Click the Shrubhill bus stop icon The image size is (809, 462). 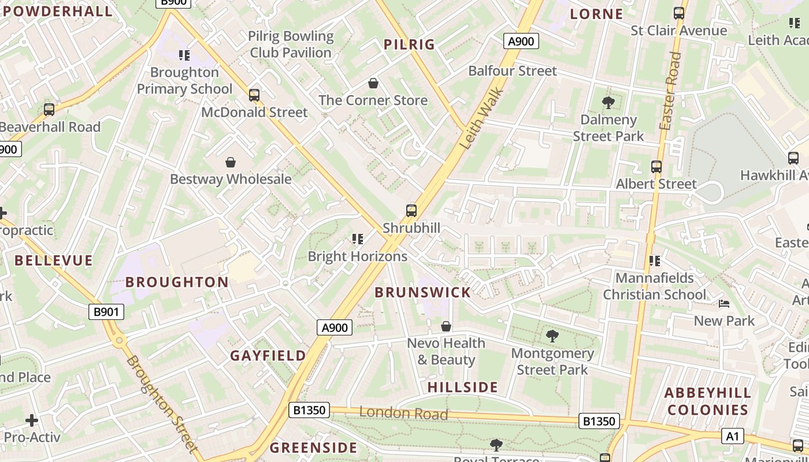(x=411, y=211)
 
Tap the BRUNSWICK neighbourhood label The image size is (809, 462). (x=423, y=292)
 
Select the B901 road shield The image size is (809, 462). (x=107, y=312)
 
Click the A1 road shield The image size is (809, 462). (x=732, y=436)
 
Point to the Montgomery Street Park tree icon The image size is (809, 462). (x=552, y=336)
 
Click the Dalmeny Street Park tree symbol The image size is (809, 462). (x=608, y=103)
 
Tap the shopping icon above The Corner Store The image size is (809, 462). (x=373, y=84)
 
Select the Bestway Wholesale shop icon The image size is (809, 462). (x=231, y=162)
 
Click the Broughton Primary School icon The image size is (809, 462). (x=184, y=55)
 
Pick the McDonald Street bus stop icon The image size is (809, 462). (x=254, y=95)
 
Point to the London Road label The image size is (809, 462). (x=403, y=413)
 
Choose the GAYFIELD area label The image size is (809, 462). (x=268, y=356)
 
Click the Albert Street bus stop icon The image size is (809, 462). (x=656, y=167)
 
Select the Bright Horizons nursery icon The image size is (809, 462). (x=358, y=239)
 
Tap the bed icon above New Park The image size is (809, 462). (x=724, y=304)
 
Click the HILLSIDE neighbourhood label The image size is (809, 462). (x=463, y=388)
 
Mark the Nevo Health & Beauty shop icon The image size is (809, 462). (x=446, y=327)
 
